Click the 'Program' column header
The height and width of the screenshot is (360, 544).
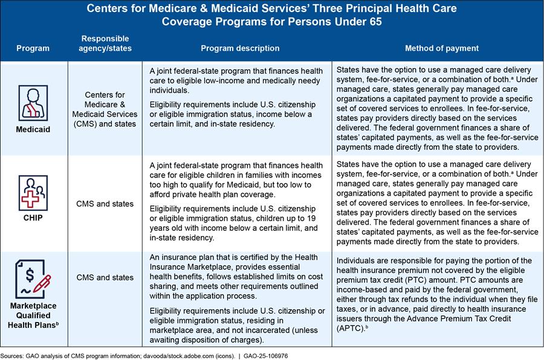tap(33, 48)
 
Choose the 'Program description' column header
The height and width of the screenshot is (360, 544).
tap(240, 48)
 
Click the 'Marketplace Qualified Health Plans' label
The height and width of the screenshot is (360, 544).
tap(33, 315)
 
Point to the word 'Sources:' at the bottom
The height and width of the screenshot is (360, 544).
tap(15, 355)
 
